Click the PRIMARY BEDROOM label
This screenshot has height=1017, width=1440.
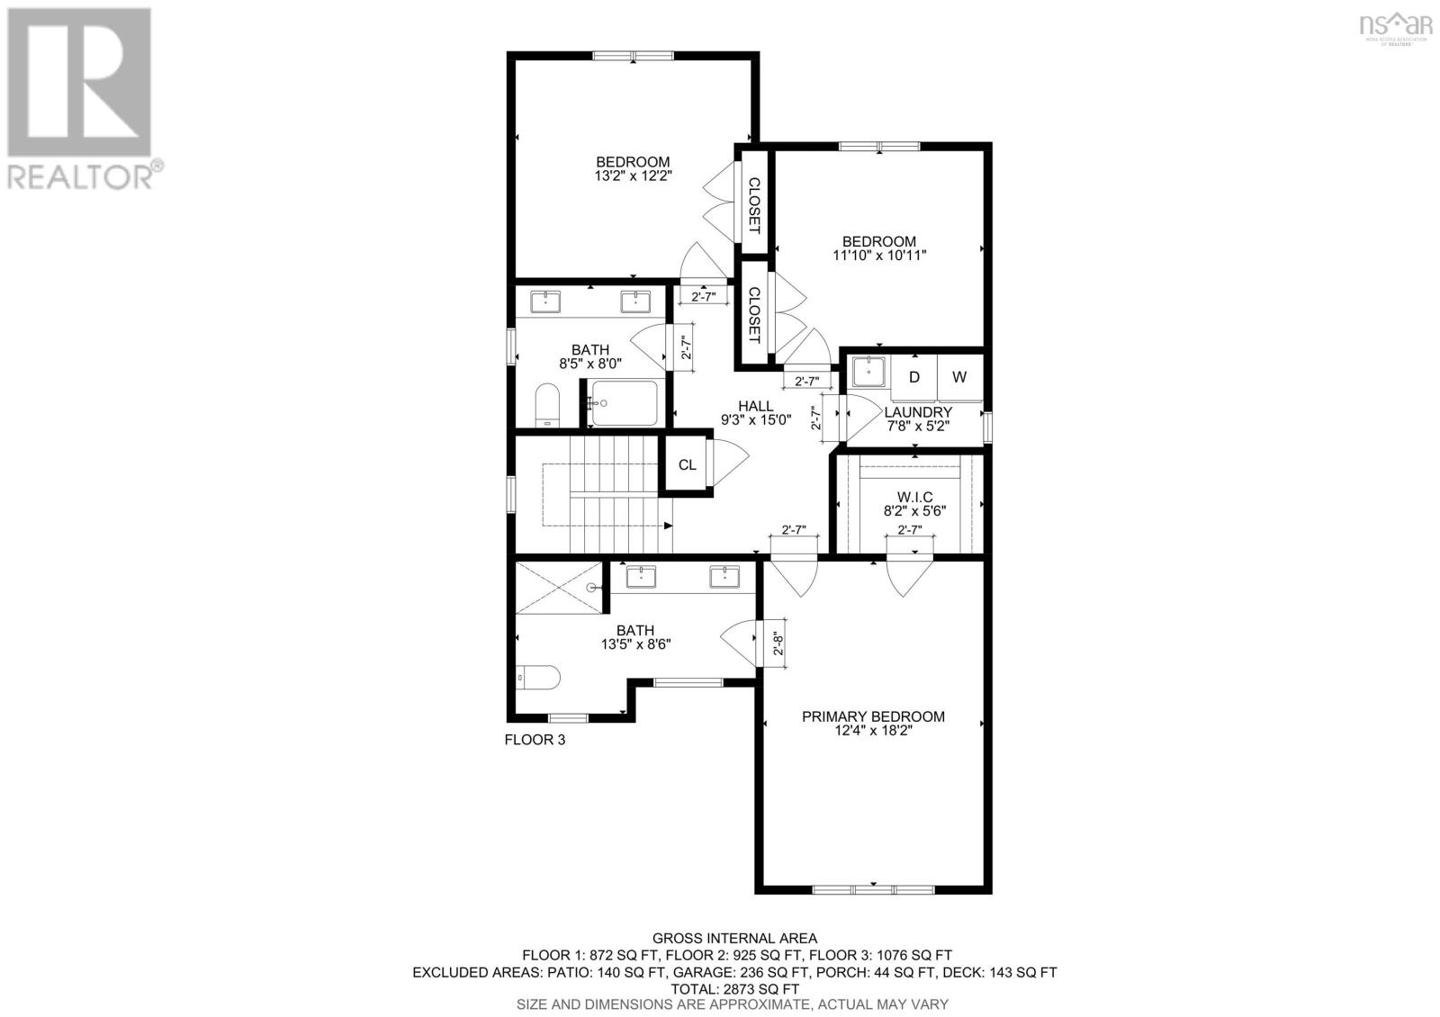(873, 716)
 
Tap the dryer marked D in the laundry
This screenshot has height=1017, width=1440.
(913, 377)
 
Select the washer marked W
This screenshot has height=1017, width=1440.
(959, 377)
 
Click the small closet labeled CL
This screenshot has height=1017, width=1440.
(687, 465)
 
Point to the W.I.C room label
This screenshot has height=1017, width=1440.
(914, 497)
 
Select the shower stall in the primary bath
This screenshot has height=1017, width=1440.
(559, 587)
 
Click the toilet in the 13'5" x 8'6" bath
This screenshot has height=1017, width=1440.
(538, 677)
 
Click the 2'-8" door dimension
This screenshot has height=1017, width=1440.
(779, 643)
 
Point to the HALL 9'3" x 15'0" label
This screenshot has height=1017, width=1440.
(755, 413)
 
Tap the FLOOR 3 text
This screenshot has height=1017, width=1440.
(535, 740)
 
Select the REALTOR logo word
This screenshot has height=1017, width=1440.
(81, 176)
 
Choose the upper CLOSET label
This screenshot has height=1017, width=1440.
(754, 202)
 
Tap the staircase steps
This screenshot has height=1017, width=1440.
(621, 495)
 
